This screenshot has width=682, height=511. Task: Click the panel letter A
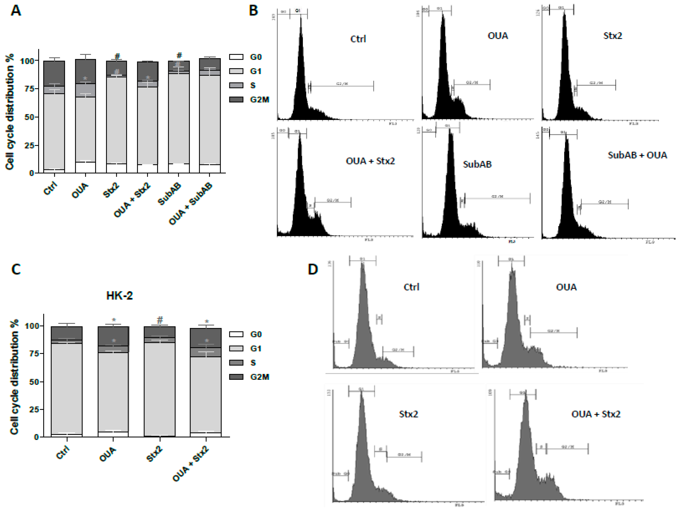click(x=16, y=11)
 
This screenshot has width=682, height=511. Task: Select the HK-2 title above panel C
click(x=120, y=296)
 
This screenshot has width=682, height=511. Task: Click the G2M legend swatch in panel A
click(x=236, y=100)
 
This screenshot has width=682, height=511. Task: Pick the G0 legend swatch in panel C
click(x=236, y=334)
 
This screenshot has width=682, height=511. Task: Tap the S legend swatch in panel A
click(x=236, y=85)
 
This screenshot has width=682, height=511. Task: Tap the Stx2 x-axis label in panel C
click(x=154, y=454)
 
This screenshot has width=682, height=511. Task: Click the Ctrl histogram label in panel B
click(x=358, y=39)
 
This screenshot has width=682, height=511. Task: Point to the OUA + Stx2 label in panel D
click(x=596, y=414)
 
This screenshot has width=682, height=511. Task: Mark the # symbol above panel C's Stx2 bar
click(x=160, y=320)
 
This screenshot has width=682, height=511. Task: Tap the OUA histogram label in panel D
click(x=566, y=287)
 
